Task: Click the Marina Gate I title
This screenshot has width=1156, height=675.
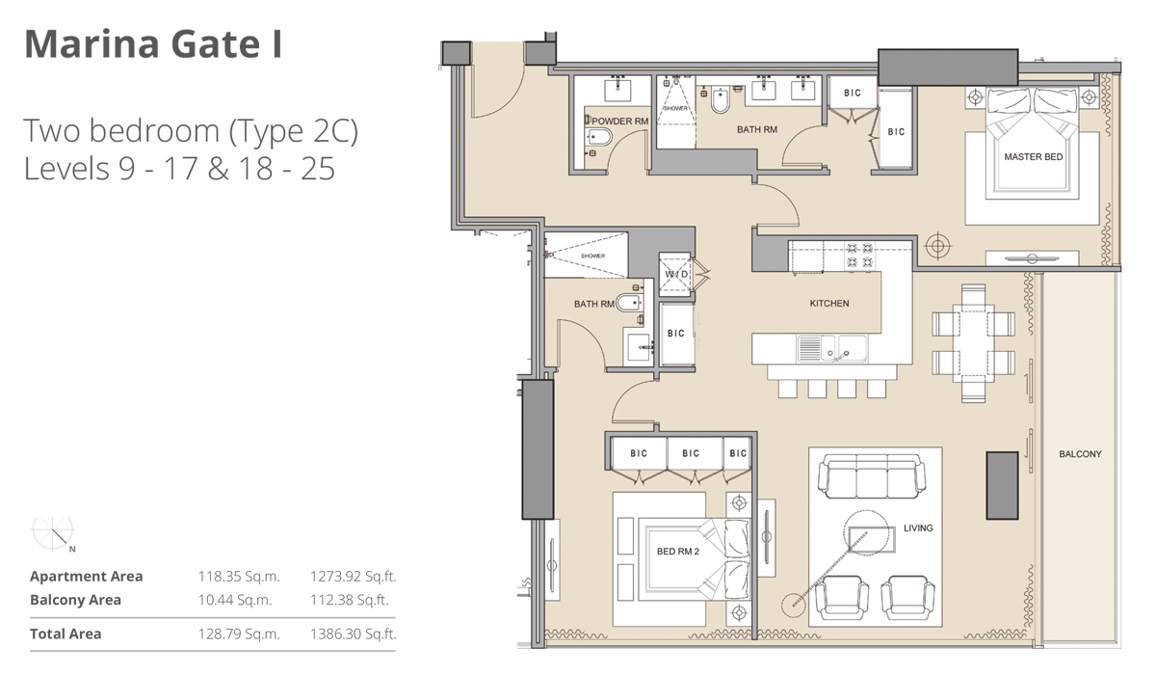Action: point(153,44)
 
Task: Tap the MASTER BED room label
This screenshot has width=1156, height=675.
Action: point(1034,156)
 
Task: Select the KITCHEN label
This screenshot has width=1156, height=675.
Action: point(828,303)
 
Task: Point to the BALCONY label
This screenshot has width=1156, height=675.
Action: point(1079,453)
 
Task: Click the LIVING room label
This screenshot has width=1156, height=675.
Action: point(917,527)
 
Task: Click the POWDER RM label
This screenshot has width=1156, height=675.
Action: point(615,121)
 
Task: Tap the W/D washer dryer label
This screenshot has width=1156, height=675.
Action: point(676,275)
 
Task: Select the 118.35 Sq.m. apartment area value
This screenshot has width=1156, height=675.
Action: point(238,577)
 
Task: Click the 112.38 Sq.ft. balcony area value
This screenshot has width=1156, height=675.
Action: point(353,600)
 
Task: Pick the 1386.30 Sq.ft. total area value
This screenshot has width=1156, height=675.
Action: point(353,634)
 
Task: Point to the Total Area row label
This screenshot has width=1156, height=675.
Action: point(66,634)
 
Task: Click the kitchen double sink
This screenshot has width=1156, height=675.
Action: point(833,348)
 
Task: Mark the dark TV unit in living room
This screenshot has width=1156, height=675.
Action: point(1001,484)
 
